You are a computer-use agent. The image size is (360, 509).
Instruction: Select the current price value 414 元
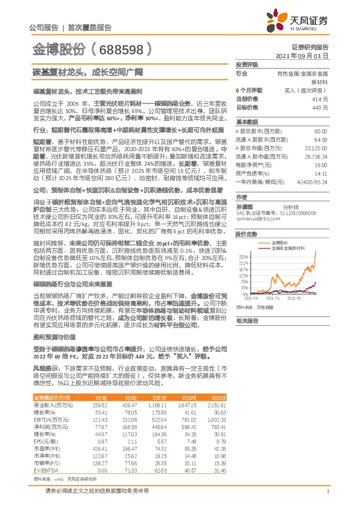pos(320,98)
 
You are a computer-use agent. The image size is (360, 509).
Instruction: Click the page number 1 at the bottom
pos(327,491)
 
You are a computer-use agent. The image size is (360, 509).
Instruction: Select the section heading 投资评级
pos(246,64)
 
